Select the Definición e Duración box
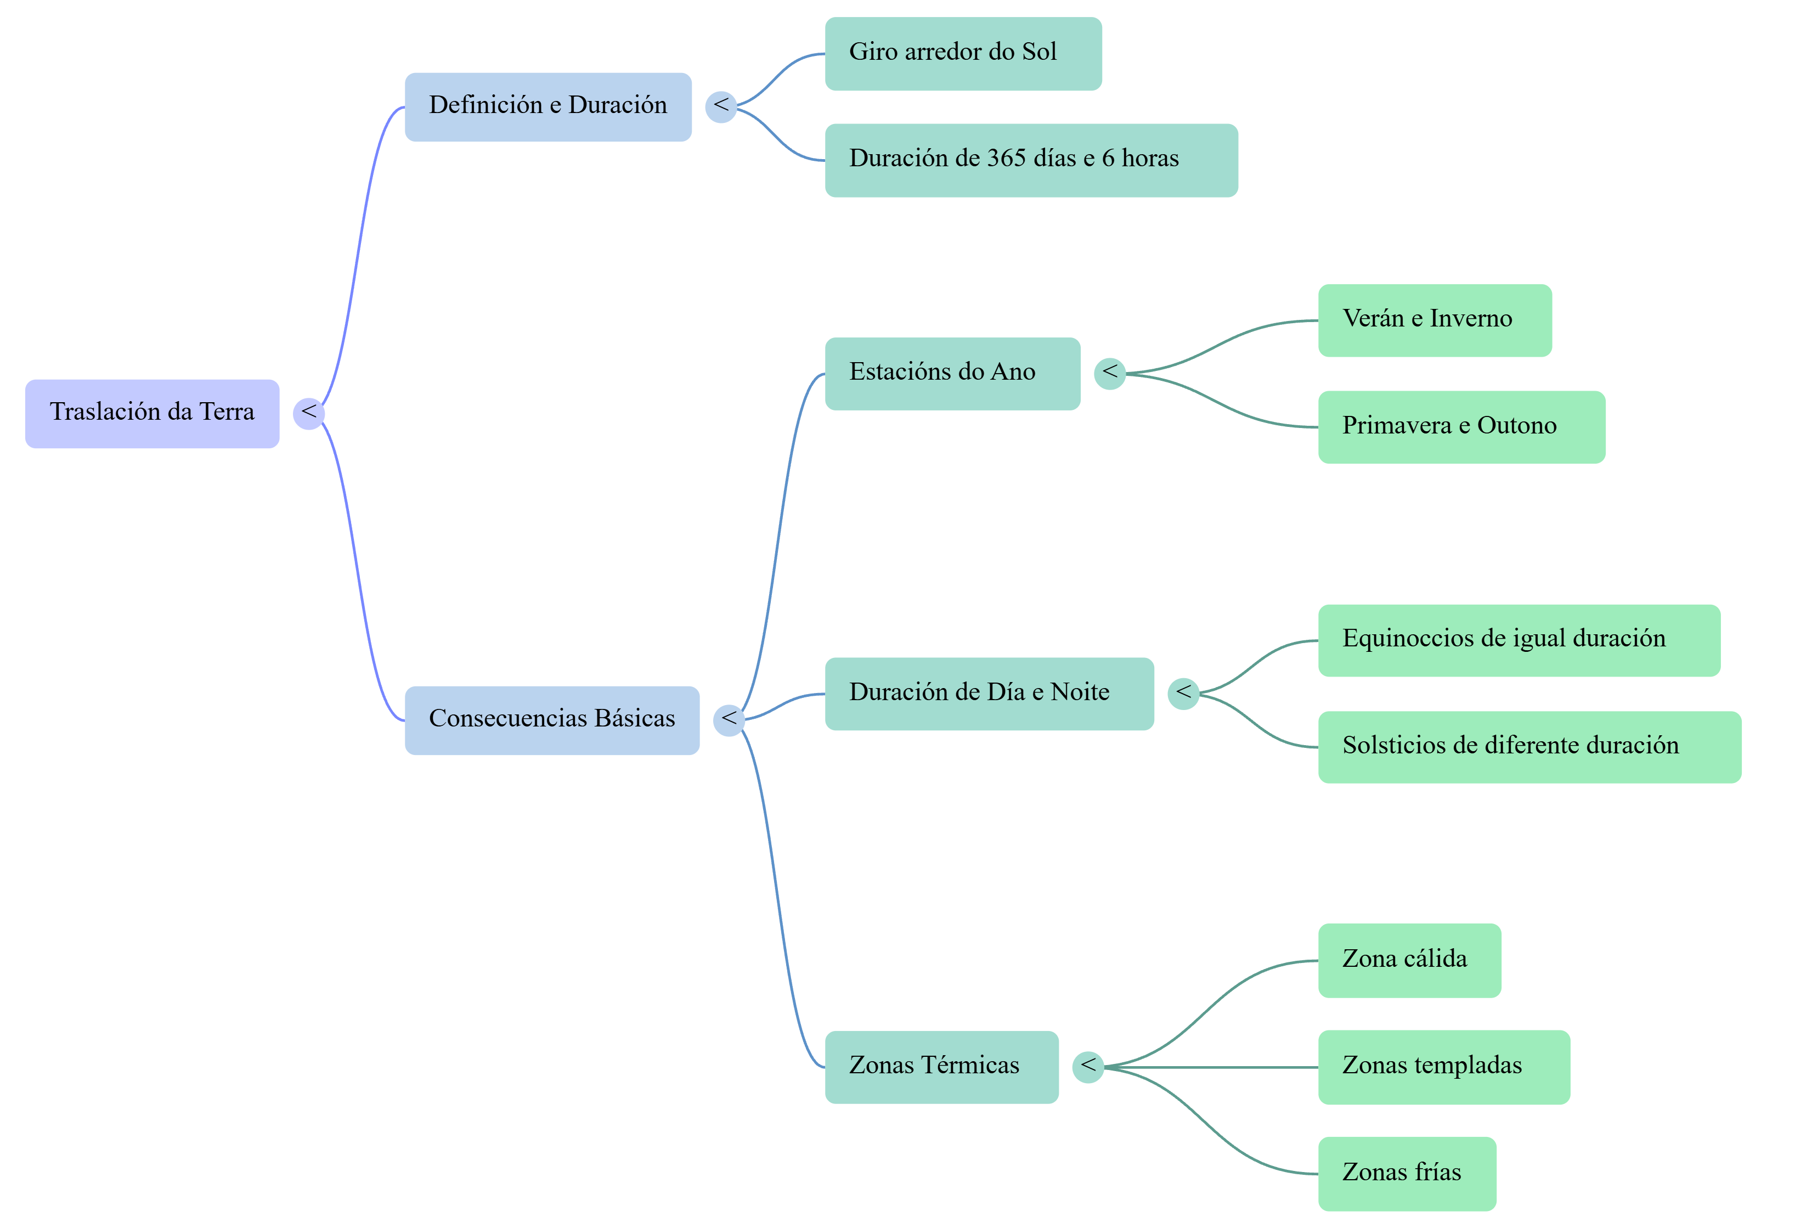(x=548, y=107)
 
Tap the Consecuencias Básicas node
(x=552, y=720)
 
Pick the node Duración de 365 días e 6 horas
(x=1031, y=161)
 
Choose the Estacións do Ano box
(x=953, y=374)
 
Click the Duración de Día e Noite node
(x=990, y=694)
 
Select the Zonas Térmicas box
(x=942, y=1067)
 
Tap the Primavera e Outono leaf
(x=1462, y=427)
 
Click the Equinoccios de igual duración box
(x=1520, y=640)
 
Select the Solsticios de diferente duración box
(x=1530, y=747)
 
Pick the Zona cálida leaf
(x=1410, y=961)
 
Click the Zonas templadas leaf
(x=1444, y=1067)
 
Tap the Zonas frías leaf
(x=1407, y=1174)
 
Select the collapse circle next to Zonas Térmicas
(x=1088, y=1067)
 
